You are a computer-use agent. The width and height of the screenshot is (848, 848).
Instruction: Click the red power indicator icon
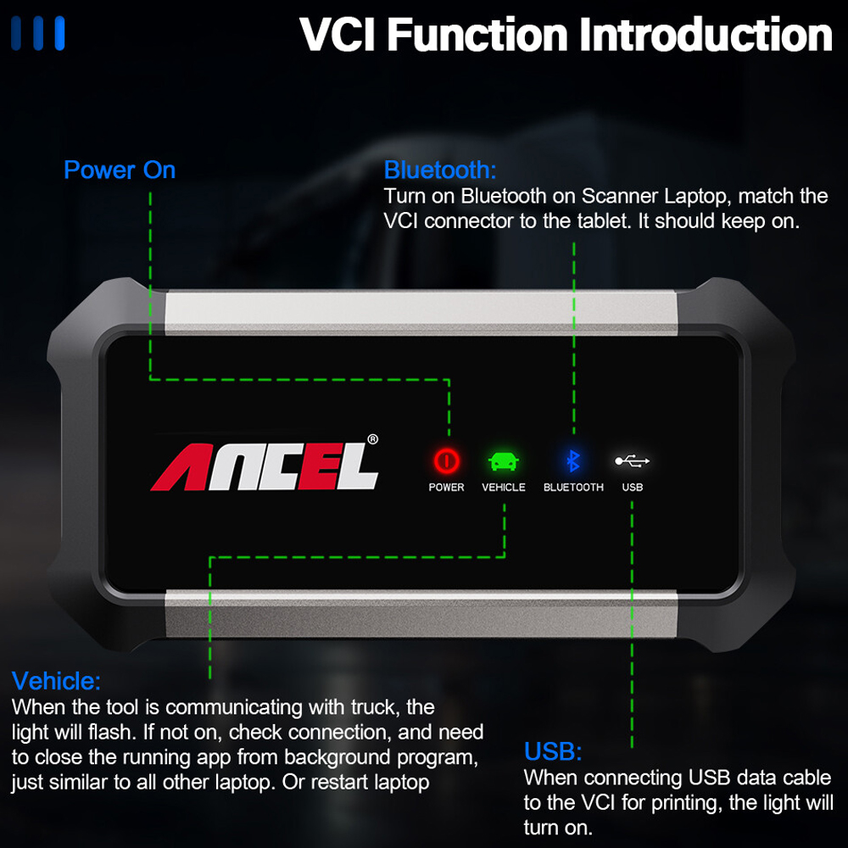point(446,461)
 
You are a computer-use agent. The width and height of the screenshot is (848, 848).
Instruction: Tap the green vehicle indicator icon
point(504,461)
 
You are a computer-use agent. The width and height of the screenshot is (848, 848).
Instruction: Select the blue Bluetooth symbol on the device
point(572,461)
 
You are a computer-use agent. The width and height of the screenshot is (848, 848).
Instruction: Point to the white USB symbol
point(633,460)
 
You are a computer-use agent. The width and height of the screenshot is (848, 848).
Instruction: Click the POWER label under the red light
point(446,488)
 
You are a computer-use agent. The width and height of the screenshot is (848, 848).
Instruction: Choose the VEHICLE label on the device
point(504,488)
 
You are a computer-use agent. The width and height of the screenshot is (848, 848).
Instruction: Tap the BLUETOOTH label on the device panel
point(573,488)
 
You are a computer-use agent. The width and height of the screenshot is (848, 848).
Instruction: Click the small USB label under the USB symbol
point(633,488)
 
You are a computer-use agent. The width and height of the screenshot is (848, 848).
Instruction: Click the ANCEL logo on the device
point(264,466)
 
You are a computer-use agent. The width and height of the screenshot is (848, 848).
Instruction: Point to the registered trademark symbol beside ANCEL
point(372,439)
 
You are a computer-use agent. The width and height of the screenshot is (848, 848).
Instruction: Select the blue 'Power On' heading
point(120,170)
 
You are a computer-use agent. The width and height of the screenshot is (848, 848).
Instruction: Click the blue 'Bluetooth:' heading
point(439,170)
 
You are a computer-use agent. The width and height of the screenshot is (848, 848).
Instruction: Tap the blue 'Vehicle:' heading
point(56,681)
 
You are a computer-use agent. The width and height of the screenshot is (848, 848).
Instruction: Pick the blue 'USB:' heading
point(553,751)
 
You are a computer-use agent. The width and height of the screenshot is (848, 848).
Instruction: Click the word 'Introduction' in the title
point(706,35)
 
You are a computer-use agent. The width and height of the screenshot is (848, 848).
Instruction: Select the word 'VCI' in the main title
point(338,35)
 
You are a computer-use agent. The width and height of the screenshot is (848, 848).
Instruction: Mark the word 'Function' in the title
point(477,35)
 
